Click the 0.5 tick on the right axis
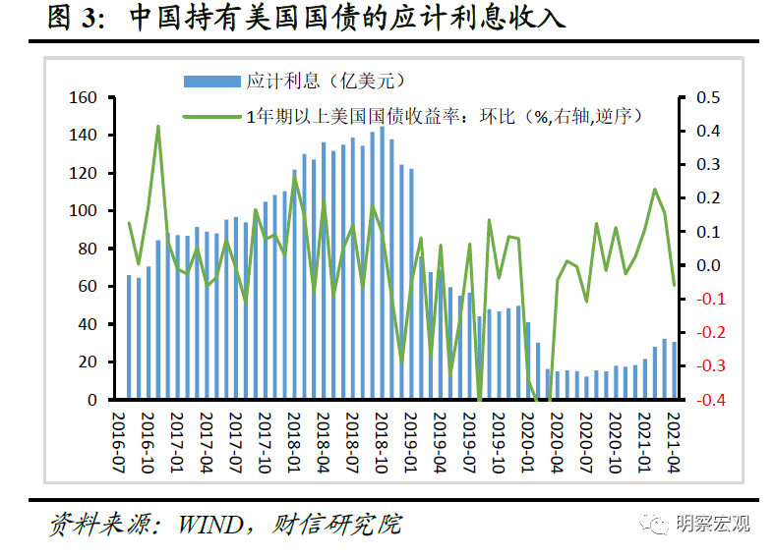coord(708,97)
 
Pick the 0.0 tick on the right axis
coord(708,265)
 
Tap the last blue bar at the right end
coord(674,370)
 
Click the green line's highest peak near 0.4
coord(158,127)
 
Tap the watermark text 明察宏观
coord(712,524)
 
